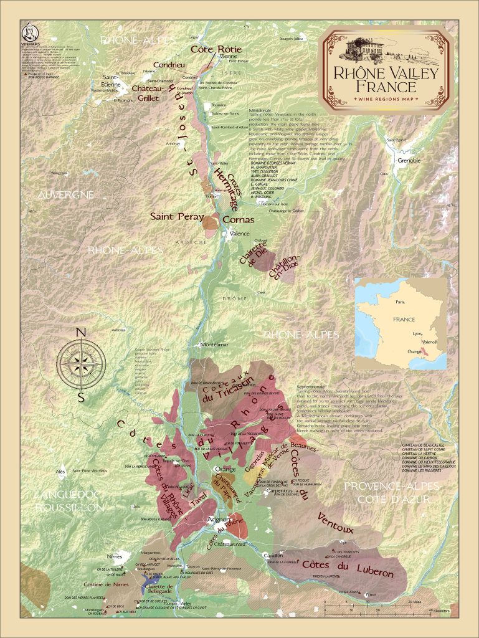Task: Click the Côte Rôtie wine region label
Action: pyautogui.click(x=216, y=49)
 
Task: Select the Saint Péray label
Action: pyautogui.click(x=177, y=217)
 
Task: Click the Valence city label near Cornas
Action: pyautogui.click(x=240, y=234)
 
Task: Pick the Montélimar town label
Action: pyautogui.click(x=212, y=345)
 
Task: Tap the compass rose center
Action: pyautogui.click(x=80, y=361)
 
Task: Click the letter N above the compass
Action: pyautogui.click(x=80, y=333)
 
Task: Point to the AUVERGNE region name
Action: pyautogui.click(x=65, y=195)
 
